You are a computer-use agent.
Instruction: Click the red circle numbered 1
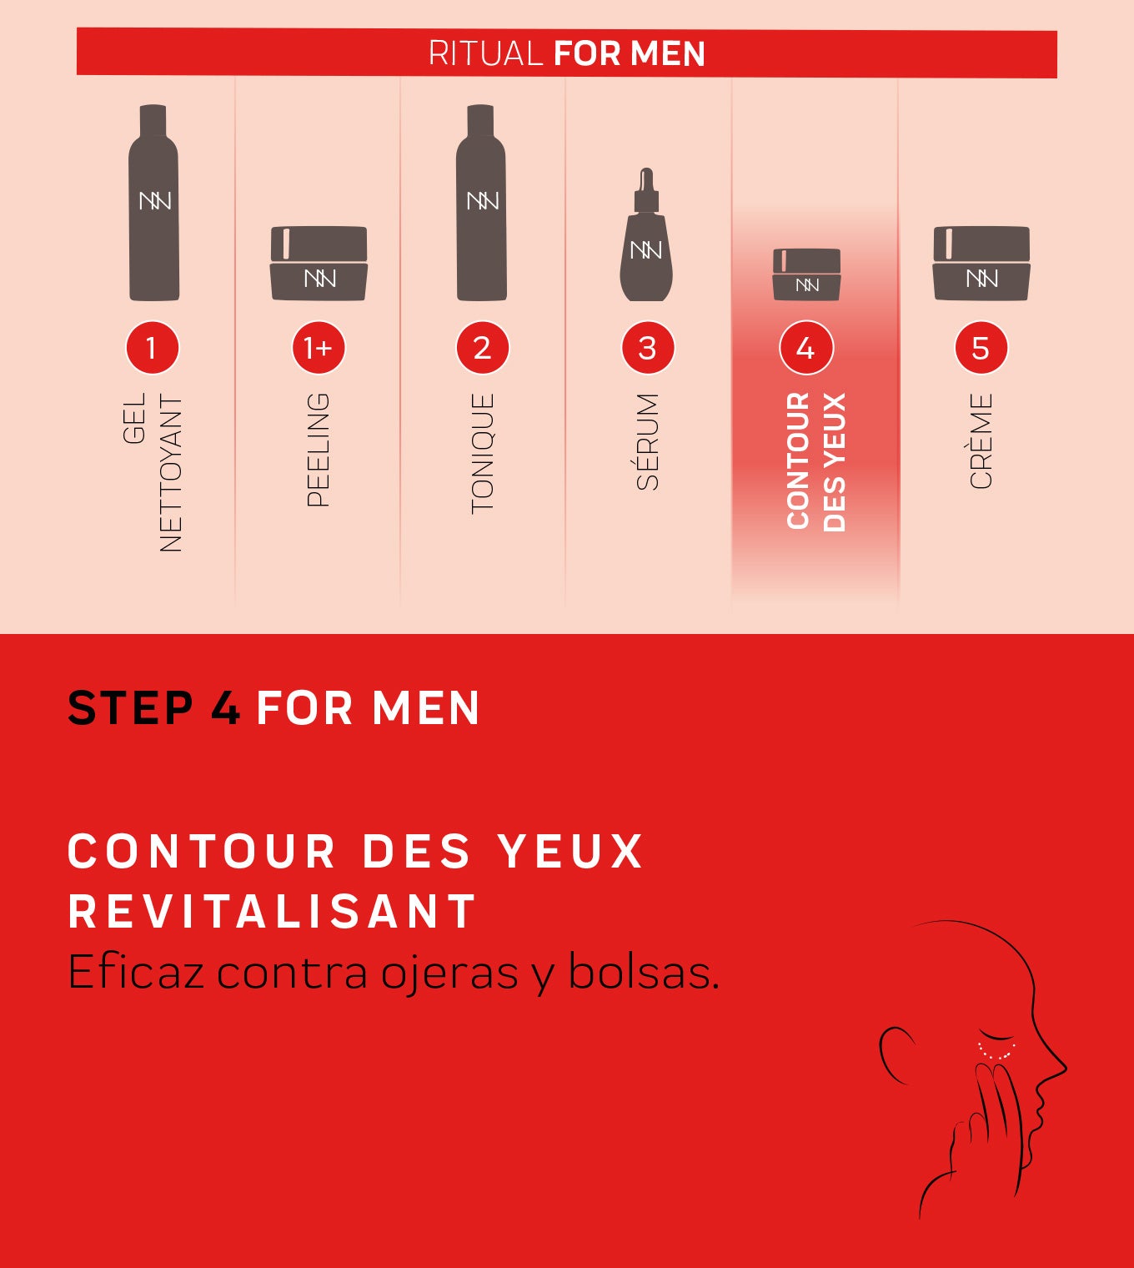(152, 347)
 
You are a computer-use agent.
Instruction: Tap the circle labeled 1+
(319, 347)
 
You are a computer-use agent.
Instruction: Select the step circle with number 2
(482, 347)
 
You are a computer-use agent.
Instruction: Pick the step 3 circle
(647, 347)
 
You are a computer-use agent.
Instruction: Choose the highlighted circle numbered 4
(806, 347)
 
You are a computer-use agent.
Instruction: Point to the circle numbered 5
(981, 347)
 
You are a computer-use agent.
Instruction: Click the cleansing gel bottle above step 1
(154, 202)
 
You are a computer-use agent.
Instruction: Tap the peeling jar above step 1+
(319, 263)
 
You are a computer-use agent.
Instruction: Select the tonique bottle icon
(481, 202)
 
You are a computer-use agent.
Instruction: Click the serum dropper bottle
(646, 234)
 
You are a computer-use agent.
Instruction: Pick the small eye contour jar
(807, 274)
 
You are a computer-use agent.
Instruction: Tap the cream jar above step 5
(981, 263)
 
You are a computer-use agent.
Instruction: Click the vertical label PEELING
(319, 450)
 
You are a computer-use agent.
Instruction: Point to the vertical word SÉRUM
(647, 441)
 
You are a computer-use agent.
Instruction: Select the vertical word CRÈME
(981, 440)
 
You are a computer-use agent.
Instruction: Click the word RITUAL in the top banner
(485, 53)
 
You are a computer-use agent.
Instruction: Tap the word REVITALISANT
(272, 911)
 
